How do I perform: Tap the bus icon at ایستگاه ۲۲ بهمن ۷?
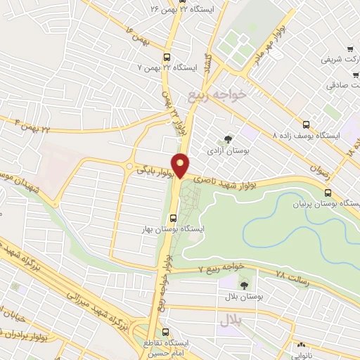[x=167, y=58]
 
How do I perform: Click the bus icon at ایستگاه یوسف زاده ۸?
[x=304, y=123]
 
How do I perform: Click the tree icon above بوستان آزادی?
[x=226, y=140]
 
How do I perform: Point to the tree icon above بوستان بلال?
[x=244, y=285]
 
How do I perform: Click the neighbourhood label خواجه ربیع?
[x=219, y=93]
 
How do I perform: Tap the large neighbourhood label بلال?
[x=230, y=321]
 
